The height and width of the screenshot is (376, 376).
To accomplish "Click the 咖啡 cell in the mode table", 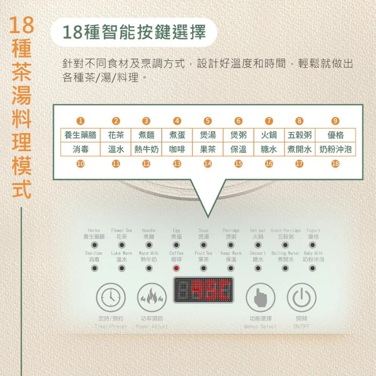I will coord(177,149).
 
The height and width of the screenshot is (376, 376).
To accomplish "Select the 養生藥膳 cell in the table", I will coord(80,135).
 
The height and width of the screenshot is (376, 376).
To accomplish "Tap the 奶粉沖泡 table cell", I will coord(335,149).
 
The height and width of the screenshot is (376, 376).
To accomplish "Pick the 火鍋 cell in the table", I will coord(269,135).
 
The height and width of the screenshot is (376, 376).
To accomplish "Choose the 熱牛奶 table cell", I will coord(146,149).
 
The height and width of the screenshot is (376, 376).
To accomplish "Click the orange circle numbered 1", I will coord(80,121).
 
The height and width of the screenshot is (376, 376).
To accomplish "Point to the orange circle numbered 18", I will coord(335,164).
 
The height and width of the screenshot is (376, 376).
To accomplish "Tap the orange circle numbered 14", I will coord(208,164).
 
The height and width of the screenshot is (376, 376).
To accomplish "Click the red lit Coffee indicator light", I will coord(177,268).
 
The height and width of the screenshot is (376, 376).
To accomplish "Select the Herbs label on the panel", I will coord(94,231).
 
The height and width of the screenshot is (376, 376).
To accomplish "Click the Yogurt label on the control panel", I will coord(313,231).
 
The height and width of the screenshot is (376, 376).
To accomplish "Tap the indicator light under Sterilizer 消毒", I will coord(94,268).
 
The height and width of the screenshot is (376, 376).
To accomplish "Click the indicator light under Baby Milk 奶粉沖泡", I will coord(313,268).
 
